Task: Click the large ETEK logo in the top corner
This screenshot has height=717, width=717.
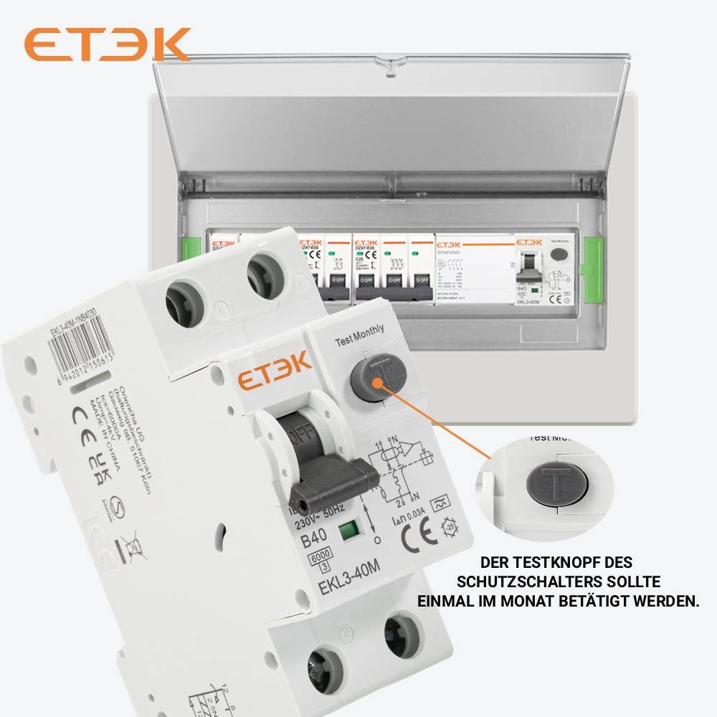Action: pos(108,44)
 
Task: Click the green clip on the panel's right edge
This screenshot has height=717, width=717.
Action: pos(594,266)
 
